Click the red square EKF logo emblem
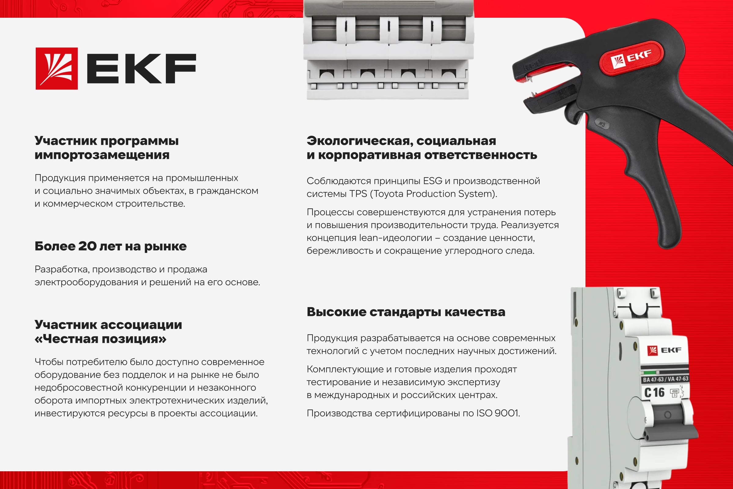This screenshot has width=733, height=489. pos(57,68)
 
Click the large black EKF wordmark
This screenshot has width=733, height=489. pos(141,68)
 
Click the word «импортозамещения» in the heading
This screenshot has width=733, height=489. pos(102,155)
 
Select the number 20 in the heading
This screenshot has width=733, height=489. pos(87,246)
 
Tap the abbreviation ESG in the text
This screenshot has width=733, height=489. pos(432,181)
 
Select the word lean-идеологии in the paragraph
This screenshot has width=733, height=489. pos(396,238)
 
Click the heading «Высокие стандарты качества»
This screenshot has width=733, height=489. pos(406,312)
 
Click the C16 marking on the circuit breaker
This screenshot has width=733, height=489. pos(654,393)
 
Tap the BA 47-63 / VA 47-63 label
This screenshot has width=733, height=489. pos(666,379)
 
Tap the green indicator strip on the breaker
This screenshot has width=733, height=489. pos(650,373)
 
